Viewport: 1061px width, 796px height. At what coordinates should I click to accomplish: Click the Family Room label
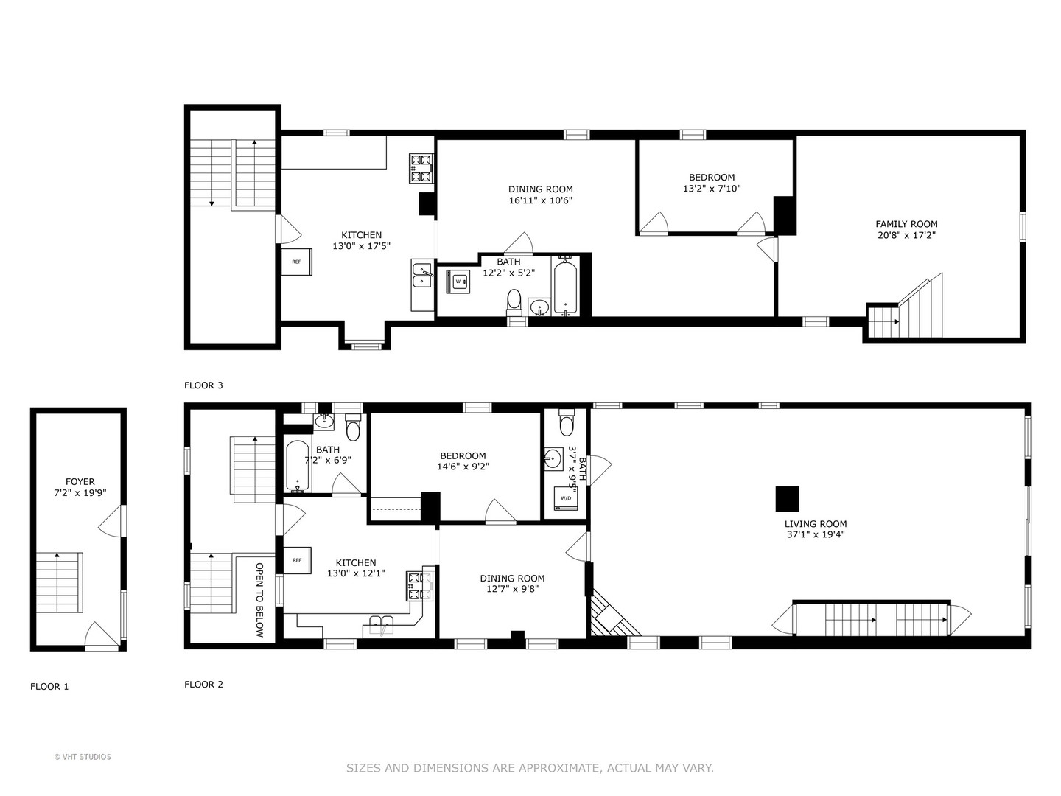906,224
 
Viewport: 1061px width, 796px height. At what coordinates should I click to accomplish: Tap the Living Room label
816,524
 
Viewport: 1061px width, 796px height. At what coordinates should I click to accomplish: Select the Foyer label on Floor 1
80,482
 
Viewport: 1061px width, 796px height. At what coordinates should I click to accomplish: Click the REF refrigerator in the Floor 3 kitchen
297,262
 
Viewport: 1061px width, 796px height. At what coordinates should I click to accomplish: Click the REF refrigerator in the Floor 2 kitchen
297,560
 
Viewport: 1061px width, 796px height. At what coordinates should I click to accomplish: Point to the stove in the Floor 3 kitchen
421,168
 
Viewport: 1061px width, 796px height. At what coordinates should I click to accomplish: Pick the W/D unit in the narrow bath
566,498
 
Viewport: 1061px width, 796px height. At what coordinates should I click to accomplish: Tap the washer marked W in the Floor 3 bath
458,282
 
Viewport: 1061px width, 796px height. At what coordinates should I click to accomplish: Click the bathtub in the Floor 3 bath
566,286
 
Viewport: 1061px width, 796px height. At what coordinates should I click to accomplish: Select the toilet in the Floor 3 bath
514,301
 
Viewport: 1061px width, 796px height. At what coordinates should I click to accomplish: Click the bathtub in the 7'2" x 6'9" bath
297,465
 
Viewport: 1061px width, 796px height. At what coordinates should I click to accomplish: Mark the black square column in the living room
788,499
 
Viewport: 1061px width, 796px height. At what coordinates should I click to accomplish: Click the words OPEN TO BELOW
259,599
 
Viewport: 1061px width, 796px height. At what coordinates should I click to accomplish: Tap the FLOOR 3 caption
203,385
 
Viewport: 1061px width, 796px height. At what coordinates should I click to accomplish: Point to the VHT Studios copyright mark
83,757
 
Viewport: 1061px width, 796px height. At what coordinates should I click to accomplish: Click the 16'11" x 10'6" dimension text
540,200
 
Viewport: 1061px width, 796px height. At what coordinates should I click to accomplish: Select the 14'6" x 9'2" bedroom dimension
463,467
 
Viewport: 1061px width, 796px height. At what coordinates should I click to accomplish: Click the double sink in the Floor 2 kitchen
382,625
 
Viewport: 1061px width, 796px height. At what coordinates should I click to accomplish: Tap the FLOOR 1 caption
50,686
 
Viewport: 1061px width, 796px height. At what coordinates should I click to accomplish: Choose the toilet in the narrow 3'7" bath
566,422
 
